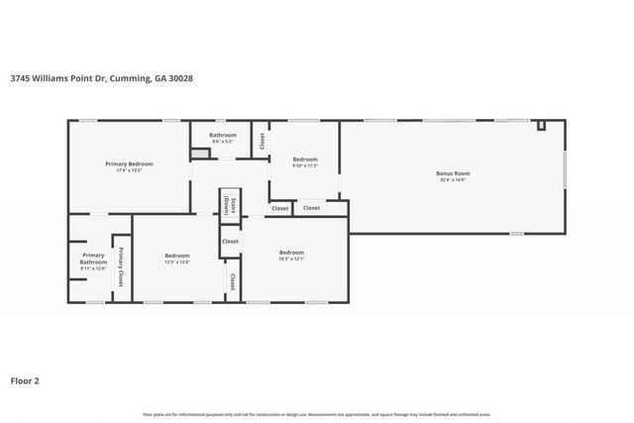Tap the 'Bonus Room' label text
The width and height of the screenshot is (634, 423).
[451, 173]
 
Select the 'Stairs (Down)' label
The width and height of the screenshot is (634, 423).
[227, 206]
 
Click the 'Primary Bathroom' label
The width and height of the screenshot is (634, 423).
[86, 259]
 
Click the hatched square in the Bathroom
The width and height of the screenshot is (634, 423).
[199, 154]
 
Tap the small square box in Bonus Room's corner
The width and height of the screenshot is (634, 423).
[541, 126]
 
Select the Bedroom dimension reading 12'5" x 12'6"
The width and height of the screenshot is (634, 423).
[176, 263]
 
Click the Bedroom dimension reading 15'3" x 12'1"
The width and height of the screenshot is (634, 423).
[291, 259]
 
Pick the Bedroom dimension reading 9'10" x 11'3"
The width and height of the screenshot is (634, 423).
[304, 165]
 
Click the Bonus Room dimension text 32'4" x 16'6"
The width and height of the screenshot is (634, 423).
[451, 180]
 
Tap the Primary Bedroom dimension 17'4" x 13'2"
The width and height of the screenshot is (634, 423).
[129, 169]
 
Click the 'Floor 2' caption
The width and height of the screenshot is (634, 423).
[26, 379]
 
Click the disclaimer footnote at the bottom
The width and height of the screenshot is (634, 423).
[317, 414]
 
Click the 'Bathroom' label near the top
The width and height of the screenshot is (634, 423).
[222, 135]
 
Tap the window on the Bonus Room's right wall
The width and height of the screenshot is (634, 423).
[565, 168]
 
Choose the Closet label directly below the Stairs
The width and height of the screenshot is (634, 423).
[230, 241]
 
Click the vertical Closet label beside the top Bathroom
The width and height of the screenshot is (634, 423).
[263, 141]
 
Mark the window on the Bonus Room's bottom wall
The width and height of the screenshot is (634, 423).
[515, 234]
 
